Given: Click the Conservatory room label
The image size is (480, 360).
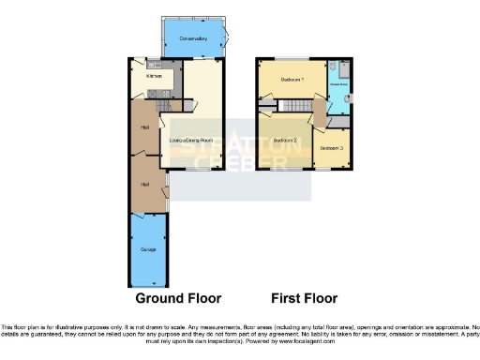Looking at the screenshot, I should [192, 38].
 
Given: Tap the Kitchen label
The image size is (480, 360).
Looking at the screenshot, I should [154, 76].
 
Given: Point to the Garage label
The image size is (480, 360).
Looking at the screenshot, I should [148, 249].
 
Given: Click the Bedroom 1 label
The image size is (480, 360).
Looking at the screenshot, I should [292, 80].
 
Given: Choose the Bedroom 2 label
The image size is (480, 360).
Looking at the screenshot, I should [285, 141].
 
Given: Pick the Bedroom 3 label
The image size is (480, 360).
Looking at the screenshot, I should [331, 148].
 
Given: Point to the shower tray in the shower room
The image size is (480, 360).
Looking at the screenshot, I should [342, 70].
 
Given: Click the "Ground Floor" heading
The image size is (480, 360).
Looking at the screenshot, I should [178, 299].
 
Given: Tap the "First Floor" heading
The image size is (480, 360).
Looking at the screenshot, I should [304, 299].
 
